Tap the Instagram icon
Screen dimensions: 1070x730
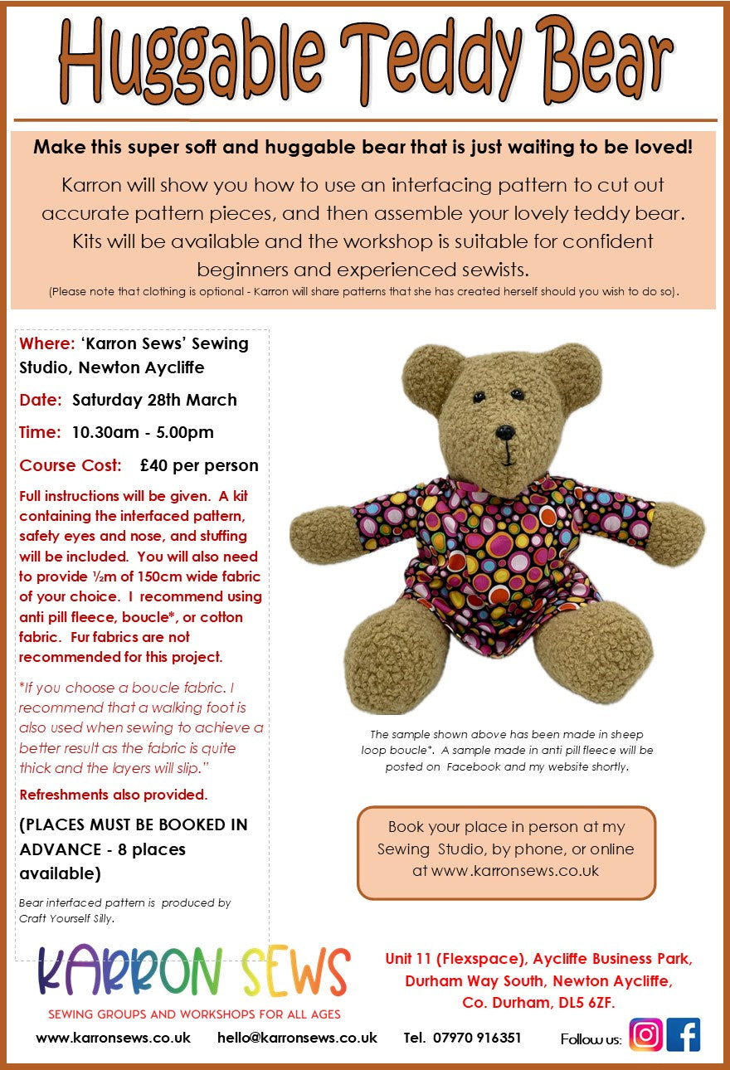pyautogui.click(x=646, y=1035)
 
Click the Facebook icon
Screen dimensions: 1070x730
pyautogui.click(x=684, y=1035)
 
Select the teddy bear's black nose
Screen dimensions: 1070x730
pyautogui.click(x=504, y=432)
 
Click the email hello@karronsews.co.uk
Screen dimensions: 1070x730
pyautogui.click(x=297, y=1038)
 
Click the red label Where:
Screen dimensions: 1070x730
pyautogui.click(x=47, y=343)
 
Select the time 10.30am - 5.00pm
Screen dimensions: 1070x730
pyautogui.click(x=143, y=432)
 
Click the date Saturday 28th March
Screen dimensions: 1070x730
pyautogui.click(x=154, y=400)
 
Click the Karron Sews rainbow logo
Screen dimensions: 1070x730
pyautogui.click(x=194, y=972)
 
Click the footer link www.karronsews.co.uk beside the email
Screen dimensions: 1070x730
pyautogui.click(x=113, y=1038)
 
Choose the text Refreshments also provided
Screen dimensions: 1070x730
pyautogui.click(x=113, y=795)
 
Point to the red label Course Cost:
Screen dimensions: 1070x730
pyautogui.click(x=71, y=465)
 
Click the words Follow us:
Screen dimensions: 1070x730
pyautogui.click(x=591, y=1039)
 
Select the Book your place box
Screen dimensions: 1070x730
pyautogui.click(x=506, y=853)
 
